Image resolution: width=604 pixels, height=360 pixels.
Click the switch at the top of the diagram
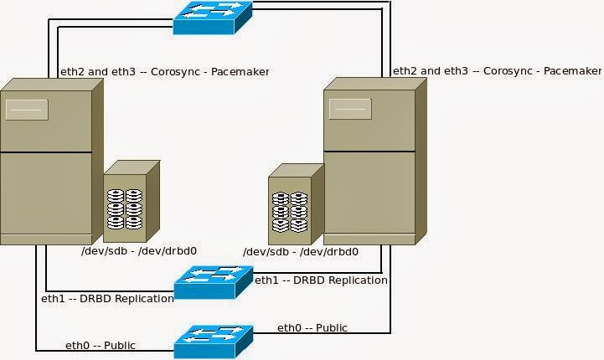[x=212, y=18]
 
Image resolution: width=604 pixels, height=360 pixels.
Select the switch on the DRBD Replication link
[x=213, y=282]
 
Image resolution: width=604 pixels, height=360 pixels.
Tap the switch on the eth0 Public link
[x=213, y=341]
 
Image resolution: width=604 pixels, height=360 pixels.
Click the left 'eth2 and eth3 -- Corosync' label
[x=164, y=72]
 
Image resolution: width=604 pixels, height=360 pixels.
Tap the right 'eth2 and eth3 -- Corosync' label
[x=497, y=71]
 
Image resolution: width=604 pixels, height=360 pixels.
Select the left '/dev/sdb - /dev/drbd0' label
[x=138, y=250]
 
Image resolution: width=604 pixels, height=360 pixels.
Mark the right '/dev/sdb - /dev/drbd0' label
[x=301, y=251]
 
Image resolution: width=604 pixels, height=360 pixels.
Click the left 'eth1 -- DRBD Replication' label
[x=107, y=298]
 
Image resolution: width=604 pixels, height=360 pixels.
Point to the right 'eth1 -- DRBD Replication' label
[x=321, y=280]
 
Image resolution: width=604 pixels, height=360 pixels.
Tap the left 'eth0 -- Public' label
[x=101, y=345]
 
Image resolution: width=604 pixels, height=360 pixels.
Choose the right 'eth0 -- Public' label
[x=312, y=327]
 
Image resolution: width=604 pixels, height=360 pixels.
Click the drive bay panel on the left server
[x=27, y=110]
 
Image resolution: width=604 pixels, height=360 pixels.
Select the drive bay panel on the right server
[x=350, y=110]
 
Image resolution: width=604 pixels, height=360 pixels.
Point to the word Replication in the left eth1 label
[x=143, y=298]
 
